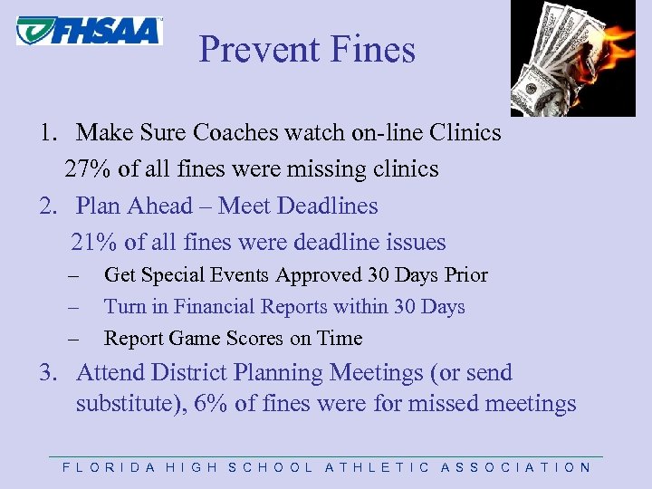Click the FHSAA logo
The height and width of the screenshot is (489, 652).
tap(89, 30)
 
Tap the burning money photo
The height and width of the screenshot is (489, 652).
tap(572, 59)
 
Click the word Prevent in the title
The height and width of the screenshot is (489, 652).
tap(248, 49)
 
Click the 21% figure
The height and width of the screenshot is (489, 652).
tap(91, 243)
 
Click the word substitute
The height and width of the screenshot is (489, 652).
tap(125, 404)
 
